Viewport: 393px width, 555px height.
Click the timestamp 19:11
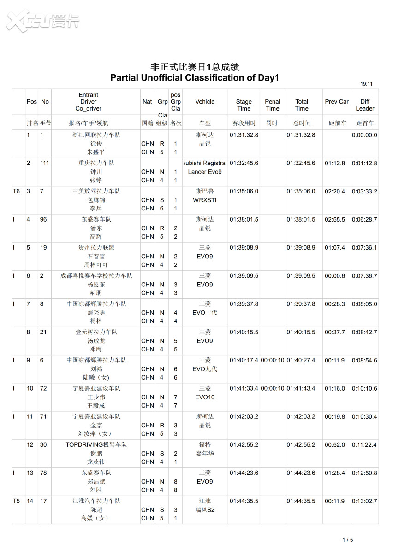[366, 84]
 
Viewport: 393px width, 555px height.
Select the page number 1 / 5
[347, 540]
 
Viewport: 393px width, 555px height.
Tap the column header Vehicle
[205, 102]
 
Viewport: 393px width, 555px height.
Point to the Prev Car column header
[337, 102]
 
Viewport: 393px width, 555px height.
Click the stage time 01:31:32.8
[244, 135]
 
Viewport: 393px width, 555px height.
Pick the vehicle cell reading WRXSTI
[205, 200]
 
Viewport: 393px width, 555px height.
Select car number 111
[45, 163]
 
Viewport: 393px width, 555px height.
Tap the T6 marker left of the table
[17, 191]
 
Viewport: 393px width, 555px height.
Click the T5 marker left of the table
[17, 501]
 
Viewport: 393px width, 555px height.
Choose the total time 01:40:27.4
[301, 360]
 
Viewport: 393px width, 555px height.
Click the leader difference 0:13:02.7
[364, 501]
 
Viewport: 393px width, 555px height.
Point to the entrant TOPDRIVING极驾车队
[96, 444]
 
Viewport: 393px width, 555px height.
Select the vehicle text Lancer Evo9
[205, 172]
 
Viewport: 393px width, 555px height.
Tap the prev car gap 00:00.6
[334, 275]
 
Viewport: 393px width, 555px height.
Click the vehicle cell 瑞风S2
[205, 510]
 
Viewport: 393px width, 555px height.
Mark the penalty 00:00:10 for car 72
[273, 388]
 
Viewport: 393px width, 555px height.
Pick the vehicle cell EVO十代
[205, 313]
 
